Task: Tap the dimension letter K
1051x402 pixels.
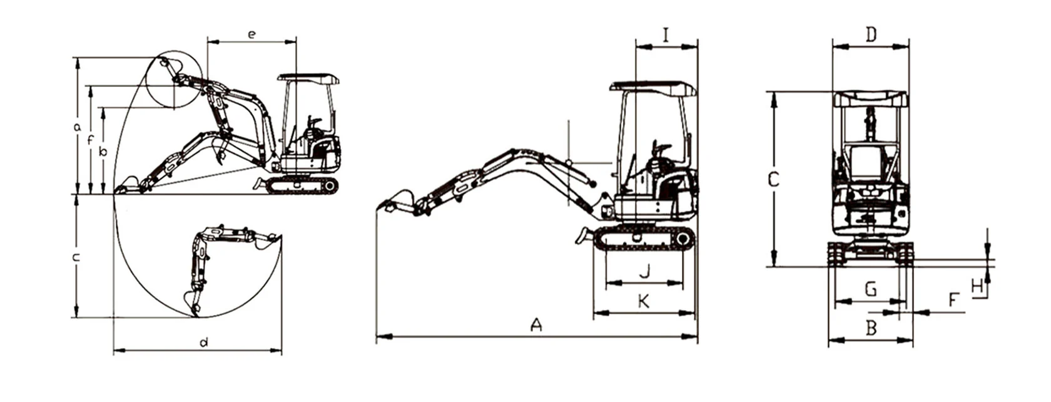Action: [643, 301]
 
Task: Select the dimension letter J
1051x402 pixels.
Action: [646, 272]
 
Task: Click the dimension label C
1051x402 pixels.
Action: [773, 180]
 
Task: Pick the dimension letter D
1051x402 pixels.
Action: [871, 35]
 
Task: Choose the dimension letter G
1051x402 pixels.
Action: [870, 289]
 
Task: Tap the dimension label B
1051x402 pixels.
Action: [871, 327]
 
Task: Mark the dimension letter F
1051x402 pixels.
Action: [953, 300]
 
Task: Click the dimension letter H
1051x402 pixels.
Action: [977, 286]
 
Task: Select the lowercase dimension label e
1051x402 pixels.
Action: [251, 34]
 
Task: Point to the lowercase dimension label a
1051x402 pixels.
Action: [77, 128]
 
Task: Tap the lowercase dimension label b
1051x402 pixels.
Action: [104, 151]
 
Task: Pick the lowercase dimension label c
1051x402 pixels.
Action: [76, 257]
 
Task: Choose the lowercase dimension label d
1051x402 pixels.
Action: [203, 343]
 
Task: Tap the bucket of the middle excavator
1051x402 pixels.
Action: [397, 202]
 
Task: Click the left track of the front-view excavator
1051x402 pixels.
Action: [837, 253]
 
